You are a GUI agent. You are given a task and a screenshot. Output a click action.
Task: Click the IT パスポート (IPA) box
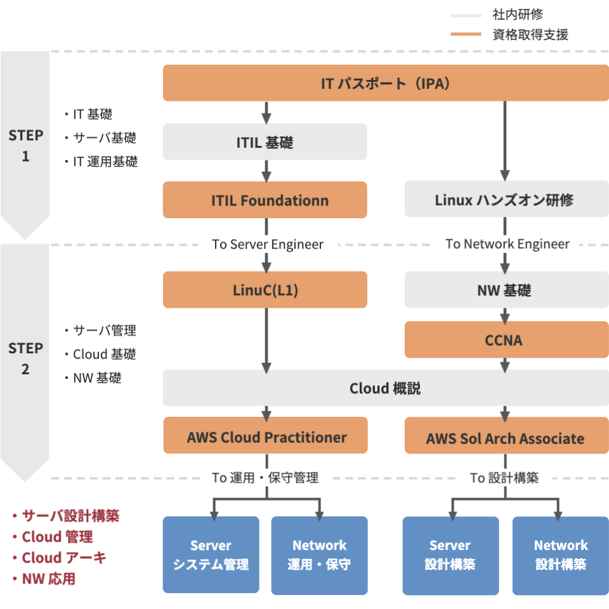(x=385, y=83)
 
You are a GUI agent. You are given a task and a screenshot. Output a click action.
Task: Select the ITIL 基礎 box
(x=265, y=142)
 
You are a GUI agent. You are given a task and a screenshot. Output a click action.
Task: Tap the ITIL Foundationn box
(x=265, y=200)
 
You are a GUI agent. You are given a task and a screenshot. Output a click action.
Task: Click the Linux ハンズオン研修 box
(x=505, y=200)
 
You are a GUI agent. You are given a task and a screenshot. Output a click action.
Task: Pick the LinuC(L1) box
(x=265, y=290)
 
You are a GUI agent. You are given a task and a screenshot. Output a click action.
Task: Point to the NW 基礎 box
(x=505, y=290)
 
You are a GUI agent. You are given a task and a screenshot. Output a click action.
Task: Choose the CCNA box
(x=505, y=340)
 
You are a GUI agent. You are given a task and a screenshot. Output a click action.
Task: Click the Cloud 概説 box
(x=385, y=388)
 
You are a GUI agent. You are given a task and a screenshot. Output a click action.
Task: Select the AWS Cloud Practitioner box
(x=265, y=436)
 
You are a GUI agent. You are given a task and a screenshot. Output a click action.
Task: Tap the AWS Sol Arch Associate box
(x=505, y=436)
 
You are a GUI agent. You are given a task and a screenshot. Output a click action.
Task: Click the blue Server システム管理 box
(x=211, y=554)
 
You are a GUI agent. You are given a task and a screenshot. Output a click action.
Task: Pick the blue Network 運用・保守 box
(x=319, y=554)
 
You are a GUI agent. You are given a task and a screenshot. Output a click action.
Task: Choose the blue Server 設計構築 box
(x=450, y=554)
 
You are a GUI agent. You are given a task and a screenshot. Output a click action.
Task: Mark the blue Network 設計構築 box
(x=560, y=554)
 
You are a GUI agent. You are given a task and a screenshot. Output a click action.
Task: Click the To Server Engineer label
(x=268, y=244)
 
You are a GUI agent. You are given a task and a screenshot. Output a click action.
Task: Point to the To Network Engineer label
(x=507, y=244)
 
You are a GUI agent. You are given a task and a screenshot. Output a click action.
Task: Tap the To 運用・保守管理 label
(x=265, y=478)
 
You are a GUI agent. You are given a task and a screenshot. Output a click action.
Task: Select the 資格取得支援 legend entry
(x=530, y=35)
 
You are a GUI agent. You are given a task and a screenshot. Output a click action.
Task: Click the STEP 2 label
(x=25, y=358)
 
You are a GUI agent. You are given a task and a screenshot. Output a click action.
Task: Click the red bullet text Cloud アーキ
(x=63, y=558)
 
